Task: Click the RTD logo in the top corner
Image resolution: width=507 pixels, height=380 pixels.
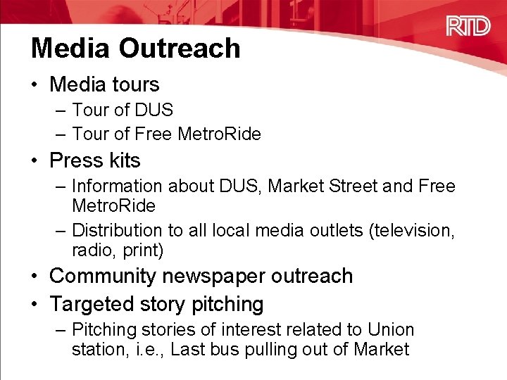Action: click(x=468, y=26)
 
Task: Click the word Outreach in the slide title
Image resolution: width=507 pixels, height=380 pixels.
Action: click(x=180, y=48)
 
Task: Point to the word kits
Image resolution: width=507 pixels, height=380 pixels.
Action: click(x=124, y=160)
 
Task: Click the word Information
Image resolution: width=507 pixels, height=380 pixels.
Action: click(x=113, y=186)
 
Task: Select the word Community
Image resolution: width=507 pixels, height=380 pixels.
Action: click(x=102, y=276)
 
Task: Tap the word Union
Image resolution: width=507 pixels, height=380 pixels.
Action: click(x=391, y=330)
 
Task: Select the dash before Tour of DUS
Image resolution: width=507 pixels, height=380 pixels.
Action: click(x=60, y=110)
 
